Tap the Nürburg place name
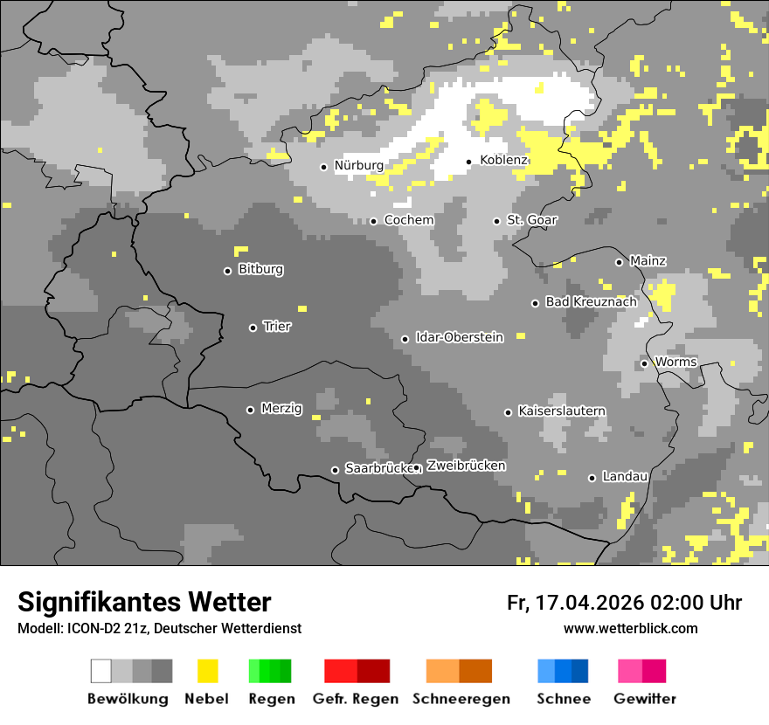point(358,166)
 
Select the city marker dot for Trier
point(253,328)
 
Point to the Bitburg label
point(260,270)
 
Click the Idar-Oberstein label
point(460,338)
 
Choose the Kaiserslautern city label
point(562,411)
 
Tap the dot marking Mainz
point(619,262)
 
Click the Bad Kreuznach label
point(592,302)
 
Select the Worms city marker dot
point(644,363)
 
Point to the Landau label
point(625,477)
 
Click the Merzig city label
point(281,409)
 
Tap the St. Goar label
point(532,220)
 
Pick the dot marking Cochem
point(373,221)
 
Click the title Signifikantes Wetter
point(144,603)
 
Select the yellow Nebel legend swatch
point(207,671)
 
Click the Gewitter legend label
point(645,699)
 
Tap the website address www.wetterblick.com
point(630,629)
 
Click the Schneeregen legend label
point(461,699)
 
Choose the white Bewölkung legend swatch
point(101,671)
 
